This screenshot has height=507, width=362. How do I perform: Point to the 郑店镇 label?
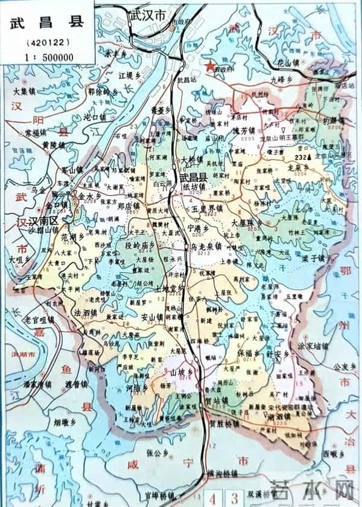coord(128,205)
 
